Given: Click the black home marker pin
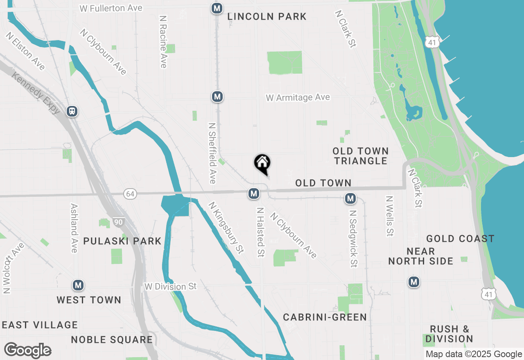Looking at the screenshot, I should [x=262, y=164].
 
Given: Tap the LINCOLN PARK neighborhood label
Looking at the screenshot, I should [x=267, y=17].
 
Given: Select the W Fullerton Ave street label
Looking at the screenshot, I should [x=111, y=8].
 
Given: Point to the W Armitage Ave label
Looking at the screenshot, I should [x=298, y=98].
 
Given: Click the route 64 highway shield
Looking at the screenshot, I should [x=130, y=194].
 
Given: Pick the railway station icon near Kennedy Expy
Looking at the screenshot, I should [x=72, y=111].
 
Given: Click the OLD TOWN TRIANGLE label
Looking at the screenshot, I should [x=360, y=156].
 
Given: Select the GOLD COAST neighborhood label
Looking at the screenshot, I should [x=460, y=239].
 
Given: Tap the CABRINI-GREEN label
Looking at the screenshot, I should [x=325, y=317].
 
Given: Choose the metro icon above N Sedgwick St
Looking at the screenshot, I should [x=350, y=199].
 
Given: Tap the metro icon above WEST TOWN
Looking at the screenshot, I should [x=78, y=285].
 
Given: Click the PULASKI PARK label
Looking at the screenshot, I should [x=122, y=241].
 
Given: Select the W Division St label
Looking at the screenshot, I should [x=171, y=287].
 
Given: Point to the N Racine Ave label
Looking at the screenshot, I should [x=163, y=42].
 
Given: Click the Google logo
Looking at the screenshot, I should [x=27, y=350].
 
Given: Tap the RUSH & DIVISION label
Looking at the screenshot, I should [x=449, y=334].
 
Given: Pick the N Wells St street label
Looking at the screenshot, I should [x=389, y=216].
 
